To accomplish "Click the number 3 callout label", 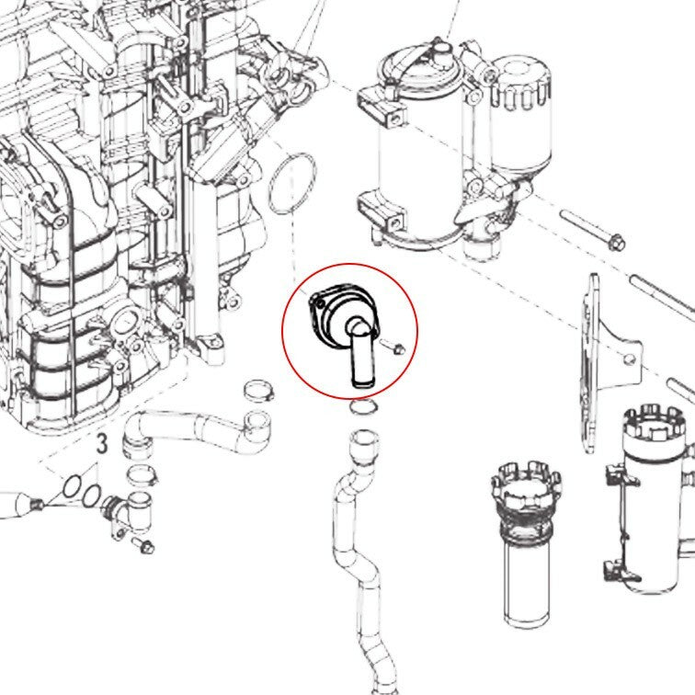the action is pyautogui.click(x=102, y=444).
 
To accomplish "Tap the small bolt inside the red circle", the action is pyautogui.click(x=393, y=347).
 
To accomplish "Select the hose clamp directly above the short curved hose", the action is pyautogui.click(x=258, y=391).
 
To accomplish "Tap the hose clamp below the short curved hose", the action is pyautogui.click(x=142, y=475).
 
